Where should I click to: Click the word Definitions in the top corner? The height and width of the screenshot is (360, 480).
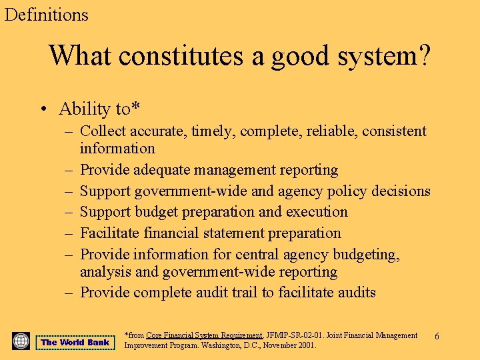(x=46, y=14)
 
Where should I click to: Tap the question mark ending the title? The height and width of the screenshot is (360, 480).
(x=423, y=55)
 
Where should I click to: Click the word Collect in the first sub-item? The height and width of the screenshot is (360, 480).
(x=103, y=131)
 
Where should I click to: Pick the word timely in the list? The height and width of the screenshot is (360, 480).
(x=213, y=131)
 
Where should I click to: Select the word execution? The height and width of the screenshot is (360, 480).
(x=317, y=212)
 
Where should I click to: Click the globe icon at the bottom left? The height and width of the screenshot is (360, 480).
(x=21, y=341)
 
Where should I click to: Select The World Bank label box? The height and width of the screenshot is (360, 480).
(x=75, y=343)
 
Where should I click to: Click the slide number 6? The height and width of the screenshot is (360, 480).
(x=437, y=337)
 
